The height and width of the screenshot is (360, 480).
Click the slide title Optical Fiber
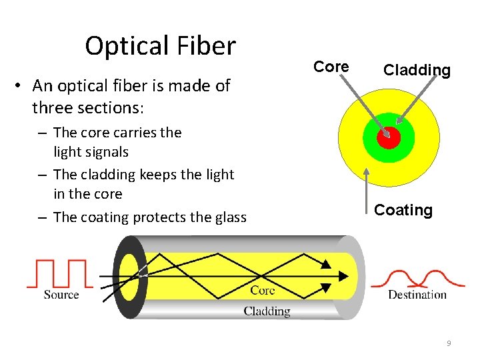click(x=160, y=46)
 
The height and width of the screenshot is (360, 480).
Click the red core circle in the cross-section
click(x=388, y=138)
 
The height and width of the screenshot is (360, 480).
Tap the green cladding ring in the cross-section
click(x=371, y=141)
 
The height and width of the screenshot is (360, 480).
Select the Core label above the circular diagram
click(x=331, y=67)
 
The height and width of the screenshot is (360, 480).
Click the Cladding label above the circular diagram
click(x=417, y=70)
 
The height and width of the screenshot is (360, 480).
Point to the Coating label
click(x=403, y=210)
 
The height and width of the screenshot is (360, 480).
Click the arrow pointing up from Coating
click(x=367, y=190)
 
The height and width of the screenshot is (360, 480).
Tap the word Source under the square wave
click(x=61, y=295)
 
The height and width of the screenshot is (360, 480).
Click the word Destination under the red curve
click(x=417, y=295)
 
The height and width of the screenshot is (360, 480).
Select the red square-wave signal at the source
click(x=57, y=273)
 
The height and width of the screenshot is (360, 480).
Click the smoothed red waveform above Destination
click(x=418, y=277)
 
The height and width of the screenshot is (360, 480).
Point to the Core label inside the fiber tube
click(x=263, y=290)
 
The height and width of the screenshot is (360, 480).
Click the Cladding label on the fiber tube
click(x=267, y=311)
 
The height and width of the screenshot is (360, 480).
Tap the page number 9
click(x=449, y=343)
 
